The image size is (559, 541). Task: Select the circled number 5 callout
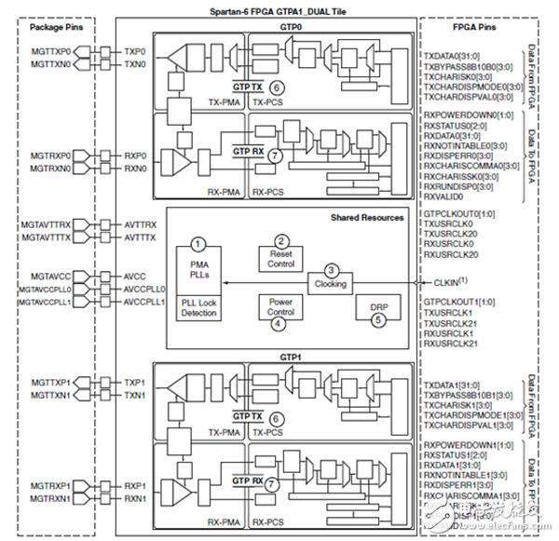(x=377, y=319)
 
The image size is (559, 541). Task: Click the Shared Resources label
(x=367, y=218)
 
